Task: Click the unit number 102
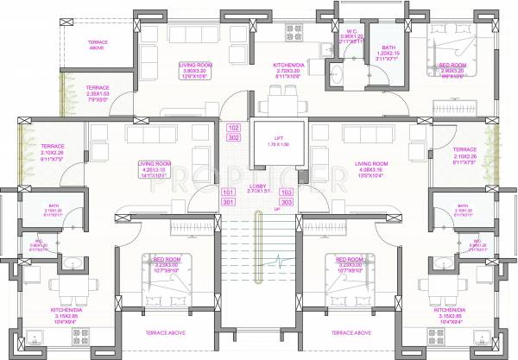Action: coord(233,128)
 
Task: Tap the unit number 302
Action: coord(233,137)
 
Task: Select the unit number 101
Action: coord(228,192)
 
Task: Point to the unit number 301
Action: coord(228,202)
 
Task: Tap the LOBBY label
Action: coord(258,186)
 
